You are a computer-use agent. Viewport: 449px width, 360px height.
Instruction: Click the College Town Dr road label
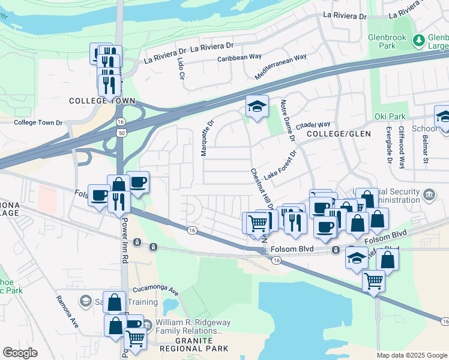tap(38, 122)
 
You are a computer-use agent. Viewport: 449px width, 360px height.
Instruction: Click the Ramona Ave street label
tap(67, 311)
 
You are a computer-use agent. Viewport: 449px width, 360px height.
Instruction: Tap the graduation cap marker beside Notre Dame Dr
tap(257, 107)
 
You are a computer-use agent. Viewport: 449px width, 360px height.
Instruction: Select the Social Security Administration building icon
tap(429, 194)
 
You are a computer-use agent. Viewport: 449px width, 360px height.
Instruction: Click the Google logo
tap(20, 353)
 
